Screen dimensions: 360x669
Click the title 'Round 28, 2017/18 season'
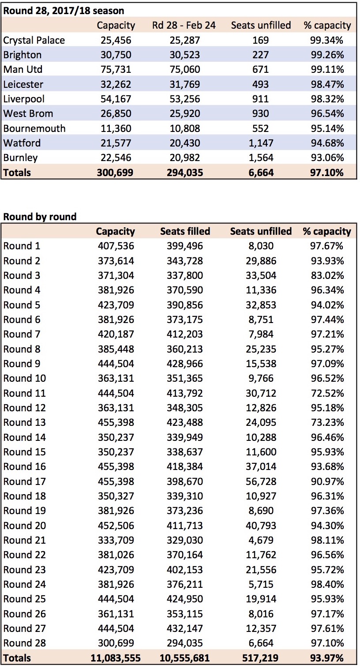[64, 11]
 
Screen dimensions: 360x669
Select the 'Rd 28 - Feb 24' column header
[184, 26]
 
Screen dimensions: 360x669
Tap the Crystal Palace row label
[34, 40]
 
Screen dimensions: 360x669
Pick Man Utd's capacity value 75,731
[116, 69]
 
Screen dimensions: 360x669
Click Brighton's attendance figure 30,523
[185, 55]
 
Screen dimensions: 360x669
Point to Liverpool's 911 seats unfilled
[261, 99]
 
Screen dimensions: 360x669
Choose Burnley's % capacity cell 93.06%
[327, 158]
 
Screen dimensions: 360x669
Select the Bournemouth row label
[34, 128]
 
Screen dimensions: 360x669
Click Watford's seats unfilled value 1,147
[261, 143]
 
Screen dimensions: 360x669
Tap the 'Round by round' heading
[40, 217]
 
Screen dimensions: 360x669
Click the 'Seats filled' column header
[185, 232]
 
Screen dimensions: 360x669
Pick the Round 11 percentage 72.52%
[327, 393]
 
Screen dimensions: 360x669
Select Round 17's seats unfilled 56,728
[261, 481]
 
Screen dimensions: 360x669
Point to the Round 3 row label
[22, 275]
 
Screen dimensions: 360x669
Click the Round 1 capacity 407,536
[116, 246]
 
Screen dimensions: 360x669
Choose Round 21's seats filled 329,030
[185, 540]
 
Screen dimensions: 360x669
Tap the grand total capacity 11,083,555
[116, 658]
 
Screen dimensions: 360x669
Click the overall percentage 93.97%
[327, 658]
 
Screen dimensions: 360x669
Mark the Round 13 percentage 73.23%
[327, 422]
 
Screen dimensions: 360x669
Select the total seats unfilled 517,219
[261, 658]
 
